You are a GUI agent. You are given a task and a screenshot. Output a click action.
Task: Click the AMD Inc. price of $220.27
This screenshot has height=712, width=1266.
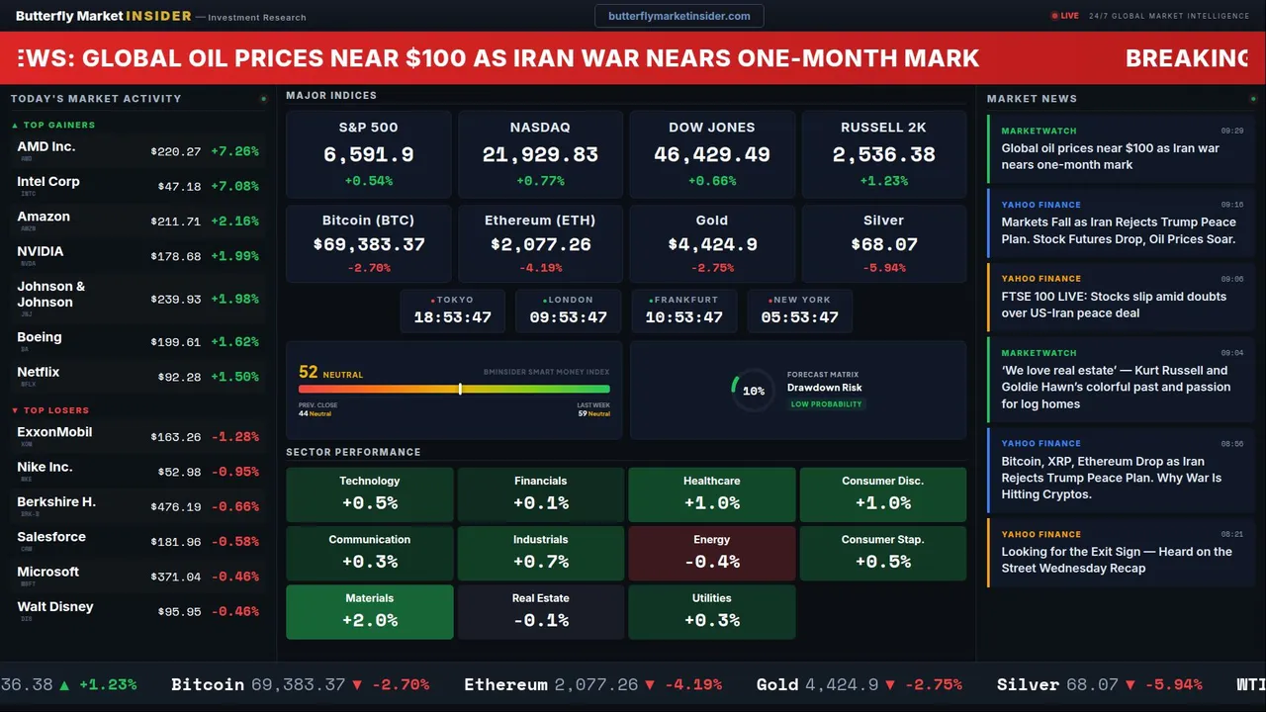(x=176, y=152)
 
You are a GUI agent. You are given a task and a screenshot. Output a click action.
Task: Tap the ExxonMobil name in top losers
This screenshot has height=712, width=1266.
(x=54, y=432)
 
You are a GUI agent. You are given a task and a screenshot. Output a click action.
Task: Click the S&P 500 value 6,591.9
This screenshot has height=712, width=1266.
(x=368, y=155)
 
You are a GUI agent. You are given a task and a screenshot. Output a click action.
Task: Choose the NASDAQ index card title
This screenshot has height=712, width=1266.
(x=540, y=128)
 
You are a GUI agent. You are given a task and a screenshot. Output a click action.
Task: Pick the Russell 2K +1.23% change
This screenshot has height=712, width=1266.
(x=883, y=181)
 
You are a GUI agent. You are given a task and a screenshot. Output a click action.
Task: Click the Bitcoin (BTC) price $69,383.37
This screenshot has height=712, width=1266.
(x=368, y=244)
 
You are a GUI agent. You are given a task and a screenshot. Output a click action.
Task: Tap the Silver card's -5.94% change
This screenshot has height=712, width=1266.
(x=883, y=268)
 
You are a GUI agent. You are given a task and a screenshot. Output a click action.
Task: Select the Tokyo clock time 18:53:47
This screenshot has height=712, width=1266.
(x=452, y=317)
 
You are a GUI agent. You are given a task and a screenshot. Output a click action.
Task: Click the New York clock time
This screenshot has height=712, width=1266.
(x=799, y=317)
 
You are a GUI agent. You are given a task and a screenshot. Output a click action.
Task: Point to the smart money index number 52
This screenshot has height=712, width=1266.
(x=309, y=373)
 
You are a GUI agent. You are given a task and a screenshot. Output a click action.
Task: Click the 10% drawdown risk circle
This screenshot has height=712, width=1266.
(x=753, y=391)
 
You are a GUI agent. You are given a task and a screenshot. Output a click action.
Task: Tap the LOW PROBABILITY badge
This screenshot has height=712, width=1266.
(x=826, y=404)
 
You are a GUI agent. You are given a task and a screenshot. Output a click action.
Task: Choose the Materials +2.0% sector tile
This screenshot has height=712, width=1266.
(x=369, y=611)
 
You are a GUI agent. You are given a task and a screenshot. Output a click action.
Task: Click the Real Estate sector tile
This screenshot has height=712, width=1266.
(x=540, y=611)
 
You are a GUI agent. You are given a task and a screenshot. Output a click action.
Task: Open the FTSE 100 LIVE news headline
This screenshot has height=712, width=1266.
(x=1113, y=305)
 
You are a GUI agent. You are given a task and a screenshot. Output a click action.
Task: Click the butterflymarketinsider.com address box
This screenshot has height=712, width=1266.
(x=678, y=16)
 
